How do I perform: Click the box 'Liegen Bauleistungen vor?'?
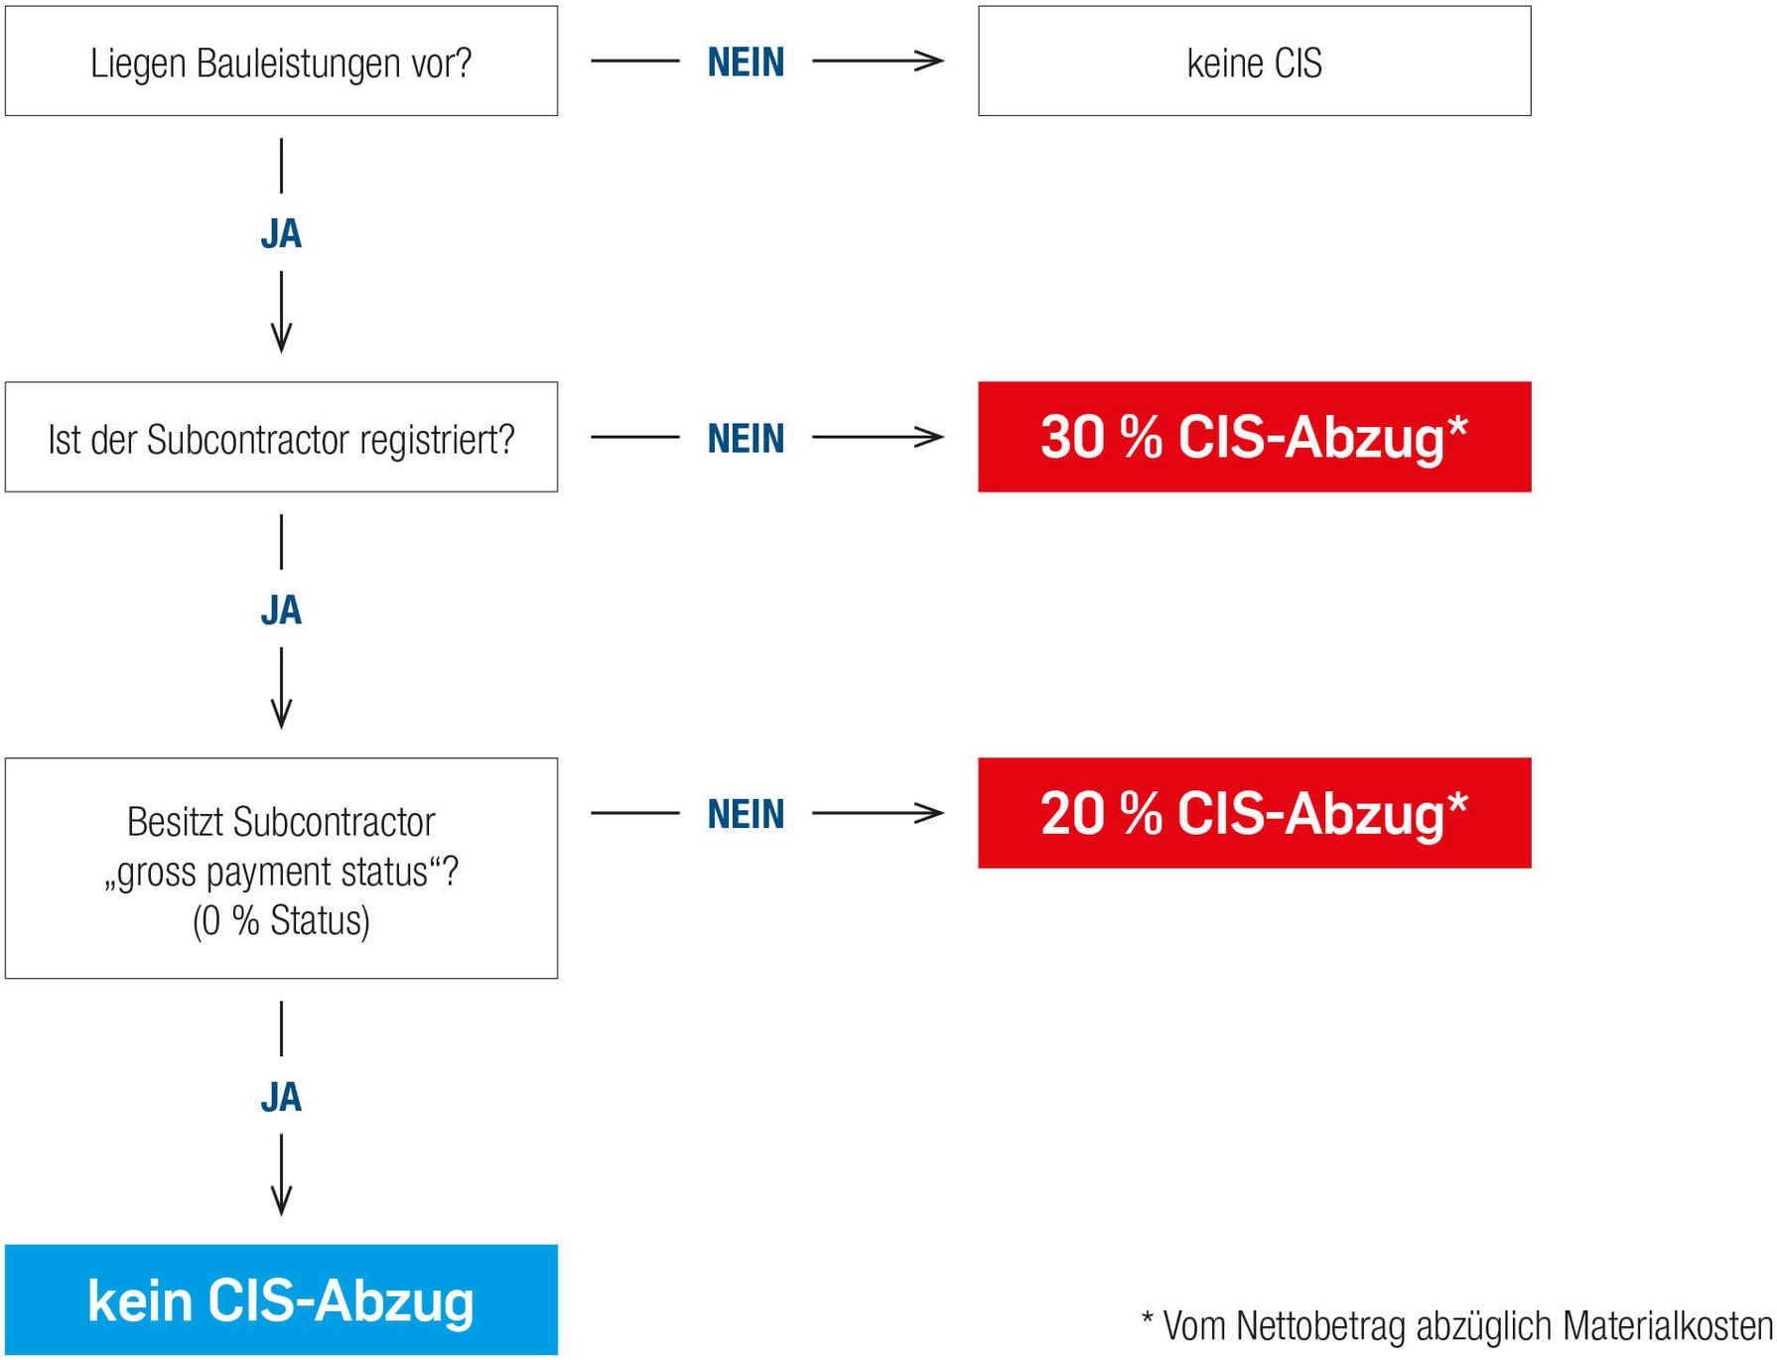pyautogui.click(x=281, y=61)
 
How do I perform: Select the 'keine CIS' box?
pyautogui.click(x=1254, y=61)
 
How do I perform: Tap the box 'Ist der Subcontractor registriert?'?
pyautogui.click(x=281, y=437)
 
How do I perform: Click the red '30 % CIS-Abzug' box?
pyautogui.click(x=1254, y=437)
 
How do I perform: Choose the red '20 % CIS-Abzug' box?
pyautogui.click(x=1254, y=813)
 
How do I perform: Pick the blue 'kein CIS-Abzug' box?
pyautogui.click(x=281, y=1299)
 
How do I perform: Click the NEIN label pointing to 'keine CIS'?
pyautogui.click(x=746, y=62)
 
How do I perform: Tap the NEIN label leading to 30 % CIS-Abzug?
pyautogui.click(x=746, y=438)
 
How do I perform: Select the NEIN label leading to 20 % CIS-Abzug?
pyautogui.click(x=746, y=814)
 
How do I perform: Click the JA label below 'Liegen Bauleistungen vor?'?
pyautogui.click(x=281, y=234)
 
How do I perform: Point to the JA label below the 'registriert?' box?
pyautogui.click(x=281, y=611)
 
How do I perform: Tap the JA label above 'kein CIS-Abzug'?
pyautogui.click(x=281, y=1097)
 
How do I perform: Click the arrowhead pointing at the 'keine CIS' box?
pyautogui.click(x=931, y=61)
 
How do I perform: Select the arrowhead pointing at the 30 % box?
pyautogui.click(x=931, y=437)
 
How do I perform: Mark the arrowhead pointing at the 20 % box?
pyautogui.click(x=931, y=813)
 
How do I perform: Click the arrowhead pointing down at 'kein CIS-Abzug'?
pyautogui.click(x=281, y=1201)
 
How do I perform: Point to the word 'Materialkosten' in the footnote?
pyautogui.click(x=1668, y=1326)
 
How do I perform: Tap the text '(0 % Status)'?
pyautogui.click(x=281, y=921)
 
